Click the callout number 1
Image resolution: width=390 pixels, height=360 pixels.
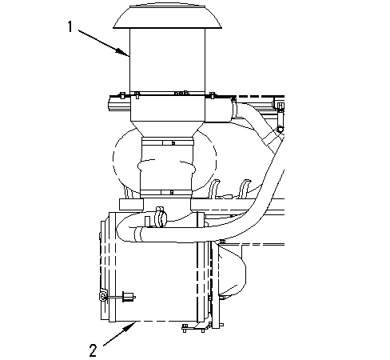click(70, 27)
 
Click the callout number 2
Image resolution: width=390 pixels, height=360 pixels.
click(93, 350)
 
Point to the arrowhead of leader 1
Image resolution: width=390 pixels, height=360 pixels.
click(124, 52)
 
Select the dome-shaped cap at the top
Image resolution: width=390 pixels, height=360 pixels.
click(167, 17)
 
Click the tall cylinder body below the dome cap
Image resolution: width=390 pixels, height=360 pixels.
click(167, 61)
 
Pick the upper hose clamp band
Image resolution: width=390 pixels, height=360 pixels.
click(167, 142)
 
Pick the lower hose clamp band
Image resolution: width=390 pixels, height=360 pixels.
click(165, 192)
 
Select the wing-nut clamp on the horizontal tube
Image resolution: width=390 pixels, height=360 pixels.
click(161, 217)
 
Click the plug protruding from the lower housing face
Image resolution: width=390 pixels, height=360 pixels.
click(129, 297)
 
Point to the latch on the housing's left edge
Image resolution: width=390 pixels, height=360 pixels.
click(103, 297)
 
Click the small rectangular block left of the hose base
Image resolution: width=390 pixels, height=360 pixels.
click(131, 204)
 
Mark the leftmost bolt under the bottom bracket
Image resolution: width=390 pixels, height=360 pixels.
click(185, 328)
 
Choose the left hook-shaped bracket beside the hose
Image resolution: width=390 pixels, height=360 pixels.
click(215, 189)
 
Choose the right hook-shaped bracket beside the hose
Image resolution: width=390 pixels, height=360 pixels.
click(245, 189)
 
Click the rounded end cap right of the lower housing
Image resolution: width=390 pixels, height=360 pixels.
click(233, 270)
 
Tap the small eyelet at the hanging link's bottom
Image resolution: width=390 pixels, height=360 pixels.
click(280, 130)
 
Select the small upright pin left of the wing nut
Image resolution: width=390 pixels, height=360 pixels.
click(147, 222)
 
